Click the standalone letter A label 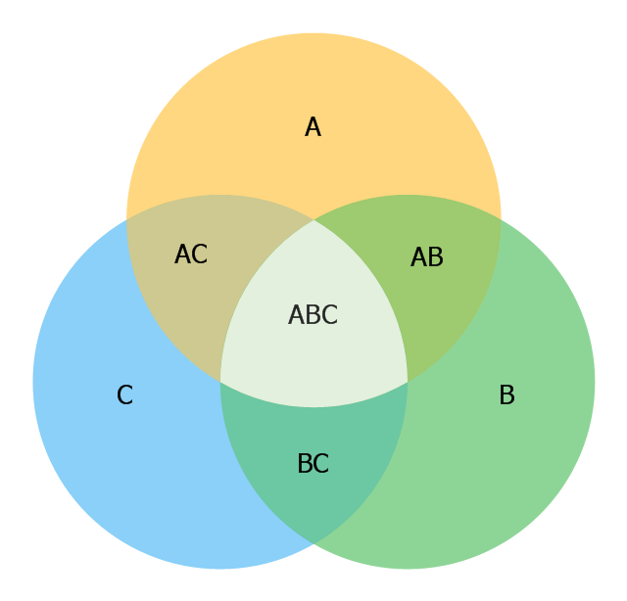click(313, 126)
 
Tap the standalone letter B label click(507, 394)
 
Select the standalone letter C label click(124, 394)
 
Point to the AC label click(191, 254)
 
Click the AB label click(427, 256)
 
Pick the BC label click(313, 463)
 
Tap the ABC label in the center click(313, 314)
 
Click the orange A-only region click(313, 100)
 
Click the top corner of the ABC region click(313, 220)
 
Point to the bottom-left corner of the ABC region click(220, 382)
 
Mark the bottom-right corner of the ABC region click(408, 382)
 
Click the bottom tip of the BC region click(313, 544)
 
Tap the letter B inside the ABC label click(313, 314)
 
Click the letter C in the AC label click(200, 254)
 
